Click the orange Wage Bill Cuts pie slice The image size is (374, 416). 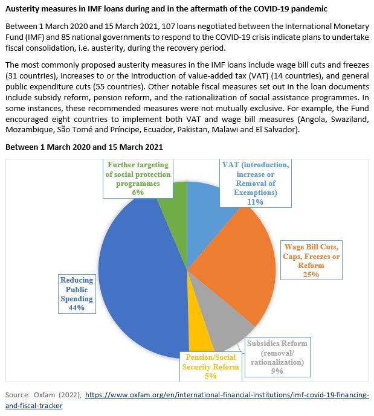230,266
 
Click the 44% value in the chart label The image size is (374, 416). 77,307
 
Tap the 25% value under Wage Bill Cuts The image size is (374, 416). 311,274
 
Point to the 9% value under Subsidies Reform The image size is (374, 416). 277,371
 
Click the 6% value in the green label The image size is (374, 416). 138,192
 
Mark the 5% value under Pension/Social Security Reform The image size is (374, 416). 210,376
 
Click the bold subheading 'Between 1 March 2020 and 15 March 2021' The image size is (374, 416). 84,147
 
